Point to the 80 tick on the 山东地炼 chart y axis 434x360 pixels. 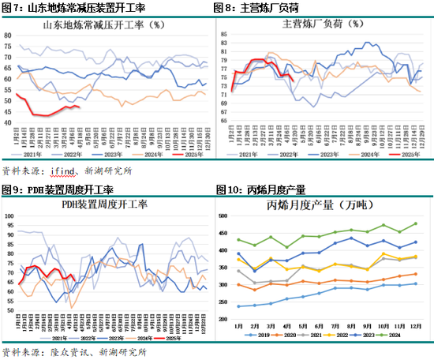point(9,36)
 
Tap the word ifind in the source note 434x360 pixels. point(60,171)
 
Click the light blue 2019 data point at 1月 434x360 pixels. point(238,306)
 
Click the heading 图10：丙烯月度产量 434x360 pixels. point(261,190)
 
